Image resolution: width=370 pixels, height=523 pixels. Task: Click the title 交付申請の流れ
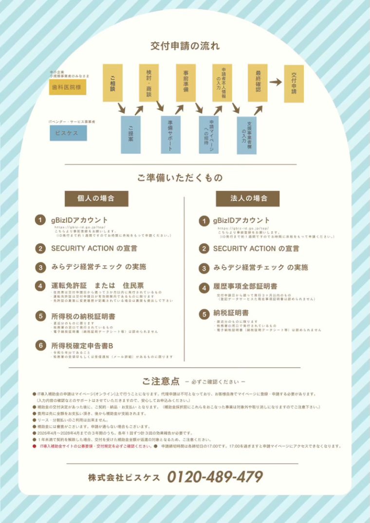pyautogui.click(x=185, y=47)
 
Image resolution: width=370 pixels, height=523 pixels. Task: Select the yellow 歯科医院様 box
pyautogui.click(x=68, y=88)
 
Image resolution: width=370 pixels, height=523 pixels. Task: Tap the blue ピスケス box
pyautogui.click(x=68, y=133)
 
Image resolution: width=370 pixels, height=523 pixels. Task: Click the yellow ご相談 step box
pyautogui.click(x=112, y=83)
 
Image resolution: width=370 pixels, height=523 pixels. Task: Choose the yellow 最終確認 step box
pyautogui.click(x=258, y=83)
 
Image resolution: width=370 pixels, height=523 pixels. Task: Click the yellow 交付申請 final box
pyautogui.click(x=294, y=84)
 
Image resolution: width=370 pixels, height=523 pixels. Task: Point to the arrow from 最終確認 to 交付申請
pyautogui.click(x=276, y=82)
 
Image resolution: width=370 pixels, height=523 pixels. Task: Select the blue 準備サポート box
pyautogui.click(x=171, y=134)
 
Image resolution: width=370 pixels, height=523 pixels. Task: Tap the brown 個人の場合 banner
pyautogui.click(x=96, y=198)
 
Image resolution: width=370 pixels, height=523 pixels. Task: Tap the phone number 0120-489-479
pyautogui.click(x=215, y=476)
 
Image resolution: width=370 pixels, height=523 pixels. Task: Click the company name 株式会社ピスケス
pyautogui.click(x=124, y=477)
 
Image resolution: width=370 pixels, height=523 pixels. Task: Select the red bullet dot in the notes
pyautogui.click(x=35, y=446)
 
